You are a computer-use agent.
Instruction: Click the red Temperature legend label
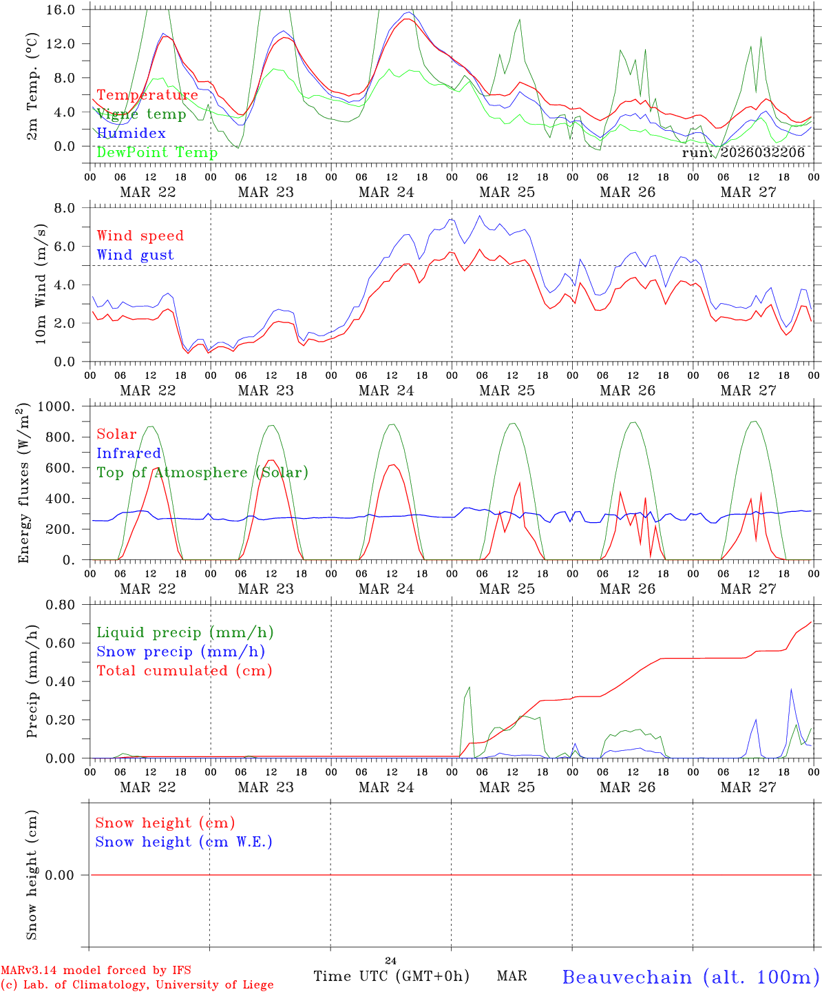(147, 95)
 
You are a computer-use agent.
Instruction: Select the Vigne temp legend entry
(141, 114)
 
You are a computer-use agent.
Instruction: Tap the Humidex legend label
(131, 134)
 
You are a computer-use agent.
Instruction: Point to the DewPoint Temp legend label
(157, 153)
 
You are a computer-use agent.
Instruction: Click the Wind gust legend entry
(135, 255)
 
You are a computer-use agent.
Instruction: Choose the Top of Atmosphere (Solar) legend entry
(202, 473)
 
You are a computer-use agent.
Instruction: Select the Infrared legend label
(129, 453)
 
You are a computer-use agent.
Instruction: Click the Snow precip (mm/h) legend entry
(180, 652)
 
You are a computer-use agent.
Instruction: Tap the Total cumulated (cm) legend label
(185, 671)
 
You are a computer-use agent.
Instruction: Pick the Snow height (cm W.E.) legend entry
(184, 842)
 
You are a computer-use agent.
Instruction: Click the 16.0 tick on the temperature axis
(60, 10)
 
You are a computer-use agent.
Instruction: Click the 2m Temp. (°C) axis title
(32, 86)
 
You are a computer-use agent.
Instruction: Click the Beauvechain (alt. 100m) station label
(691, 977)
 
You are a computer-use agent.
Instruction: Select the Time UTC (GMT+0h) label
(391, 976)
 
